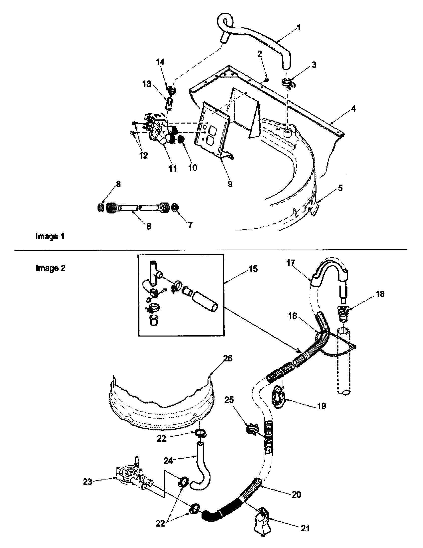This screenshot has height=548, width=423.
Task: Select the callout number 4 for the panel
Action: point(353,109)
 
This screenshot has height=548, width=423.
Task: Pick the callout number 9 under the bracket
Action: point(230,184)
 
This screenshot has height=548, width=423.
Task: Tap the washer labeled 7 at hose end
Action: point(175,207)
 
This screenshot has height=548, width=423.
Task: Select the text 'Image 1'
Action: point(50,236)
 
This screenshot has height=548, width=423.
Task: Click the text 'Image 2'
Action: point(50,268)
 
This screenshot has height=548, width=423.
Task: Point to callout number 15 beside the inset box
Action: point(253,269)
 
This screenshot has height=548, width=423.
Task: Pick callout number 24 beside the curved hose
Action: point(168,461)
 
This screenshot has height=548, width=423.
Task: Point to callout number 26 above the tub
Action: point(227,358)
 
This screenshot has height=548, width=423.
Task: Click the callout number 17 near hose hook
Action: point(291,263)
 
